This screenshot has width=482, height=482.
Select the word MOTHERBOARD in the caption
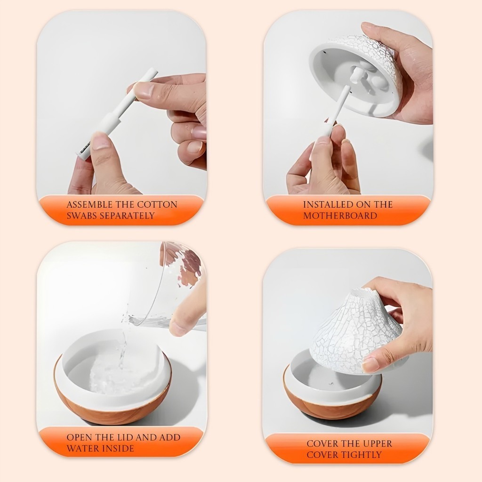(x=340, y=216)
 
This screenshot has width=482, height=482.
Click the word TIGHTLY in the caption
(x=363, y=455)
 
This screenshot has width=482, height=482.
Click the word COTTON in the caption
(x=157, y=205)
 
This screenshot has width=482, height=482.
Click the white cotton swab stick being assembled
(x=117, y=114)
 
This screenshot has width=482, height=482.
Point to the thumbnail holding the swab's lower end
(x=101, y=142)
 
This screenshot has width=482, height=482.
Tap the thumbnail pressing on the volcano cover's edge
(x=371, y=365)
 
